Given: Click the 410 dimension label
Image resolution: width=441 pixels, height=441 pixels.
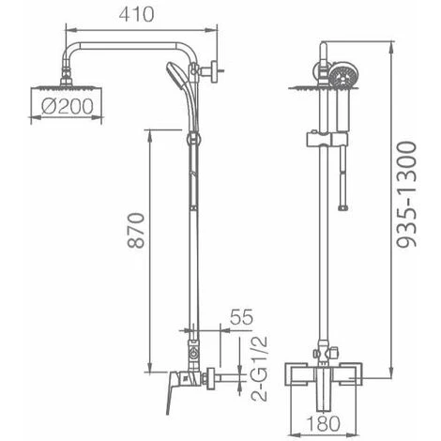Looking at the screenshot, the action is click(136, 14).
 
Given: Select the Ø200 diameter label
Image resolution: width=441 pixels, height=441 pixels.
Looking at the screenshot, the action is click(68, 106).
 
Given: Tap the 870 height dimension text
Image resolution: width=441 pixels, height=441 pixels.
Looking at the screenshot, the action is click(137, 231).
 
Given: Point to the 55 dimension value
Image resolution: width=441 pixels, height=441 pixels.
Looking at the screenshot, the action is click(241, 317).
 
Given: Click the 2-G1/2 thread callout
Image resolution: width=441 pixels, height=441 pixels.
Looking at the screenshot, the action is click(260, 369).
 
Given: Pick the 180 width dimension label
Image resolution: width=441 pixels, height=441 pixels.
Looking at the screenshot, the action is click(323, 423).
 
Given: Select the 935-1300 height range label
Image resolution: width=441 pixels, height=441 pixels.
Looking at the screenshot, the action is click(406, 194).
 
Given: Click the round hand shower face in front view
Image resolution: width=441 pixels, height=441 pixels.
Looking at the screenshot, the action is click(342, 76).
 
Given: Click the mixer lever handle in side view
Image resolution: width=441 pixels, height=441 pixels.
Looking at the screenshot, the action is click(172, 391).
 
